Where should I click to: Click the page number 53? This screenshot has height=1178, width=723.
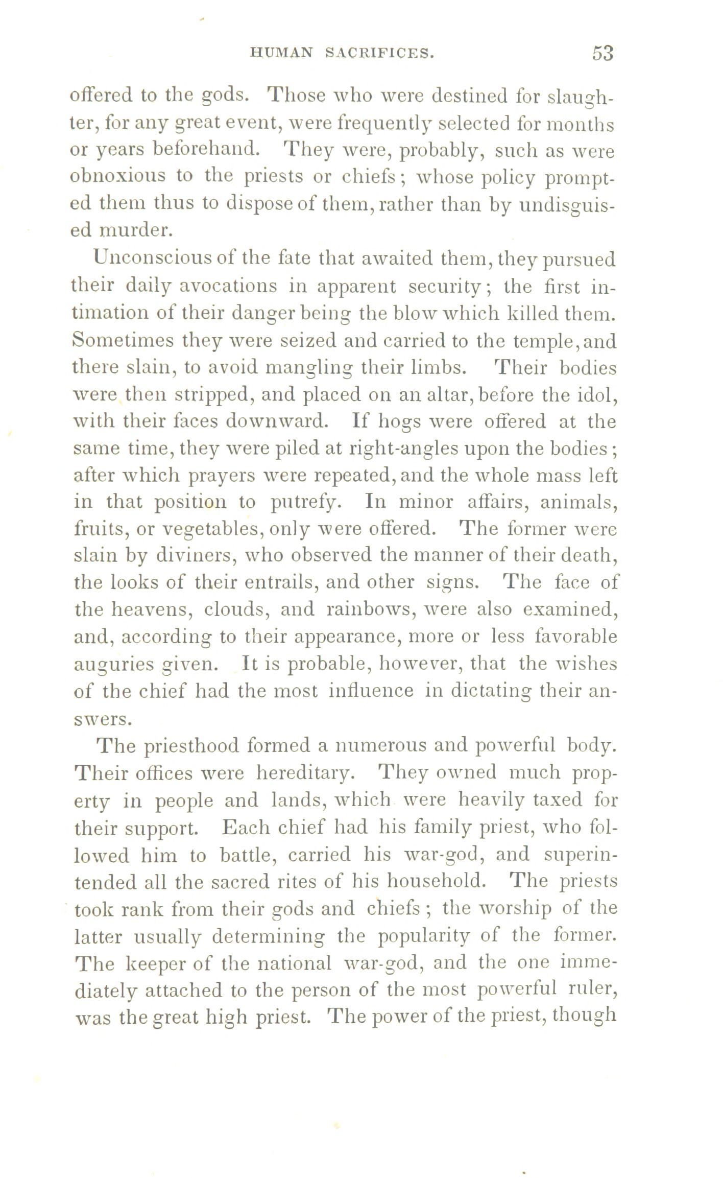tap(602, 53)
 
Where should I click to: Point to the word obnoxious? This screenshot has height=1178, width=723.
tap(117, 176)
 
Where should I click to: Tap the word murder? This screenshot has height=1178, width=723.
tap(136, 230)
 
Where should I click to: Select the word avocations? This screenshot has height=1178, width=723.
tap(228, 286)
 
